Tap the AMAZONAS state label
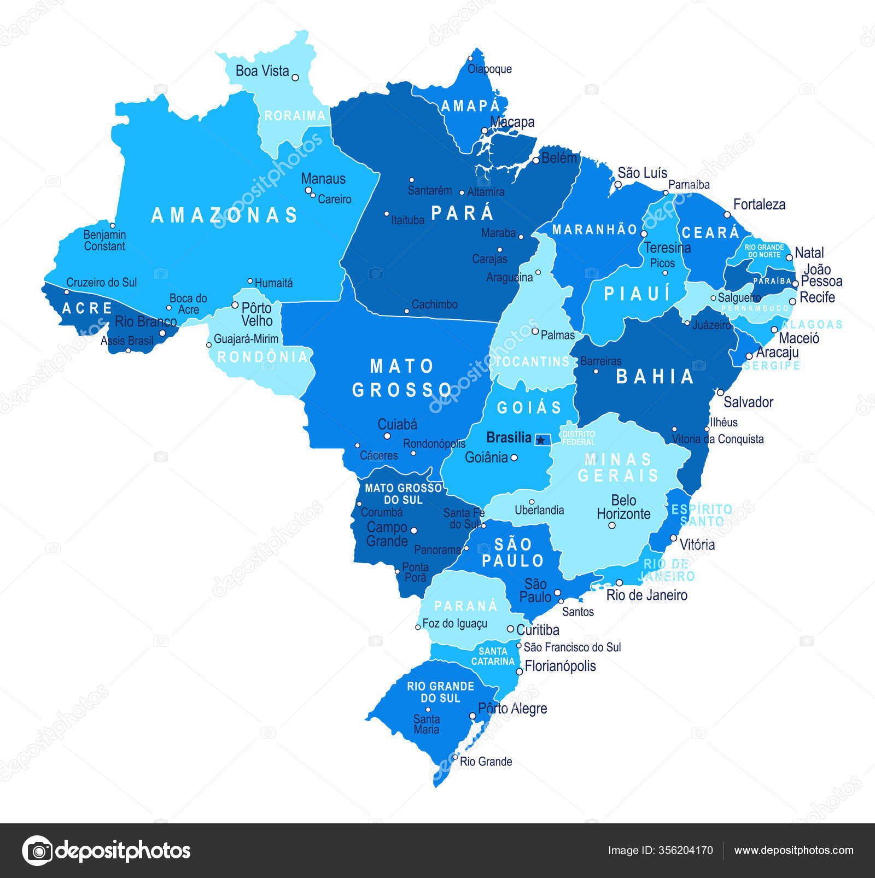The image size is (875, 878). tap(224, 215)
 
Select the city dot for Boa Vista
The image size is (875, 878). tap(295, 78)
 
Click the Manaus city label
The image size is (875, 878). tap(323, 179)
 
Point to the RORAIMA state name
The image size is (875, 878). tap(295, 116)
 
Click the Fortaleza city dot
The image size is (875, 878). tap(727, 215)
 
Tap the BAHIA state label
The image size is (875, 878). tap(655, 377)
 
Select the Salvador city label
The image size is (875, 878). tap(748, 402)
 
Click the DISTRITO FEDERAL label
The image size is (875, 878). tap(578, 438)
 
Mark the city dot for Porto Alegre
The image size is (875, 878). tap(472, 716)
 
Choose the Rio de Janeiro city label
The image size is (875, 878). tap(647, 595)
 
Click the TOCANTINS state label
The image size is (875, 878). tap(533, 361)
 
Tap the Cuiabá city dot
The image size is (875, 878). tap(387, 436)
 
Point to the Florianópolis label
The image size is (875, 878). tap(560, 666)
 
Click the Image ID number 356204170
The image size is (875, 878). tap(686, 850)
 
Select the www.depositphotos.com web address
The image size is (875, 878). tap(794, 850)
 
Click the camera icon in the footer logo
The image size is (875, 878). tap(38, 851)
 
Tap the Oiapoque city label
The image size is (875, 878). tap(489, 69)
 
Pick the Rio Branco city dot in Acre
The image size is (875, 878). tap(162, 333)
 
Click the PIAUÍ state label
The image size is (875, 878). tap(637, 294)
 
